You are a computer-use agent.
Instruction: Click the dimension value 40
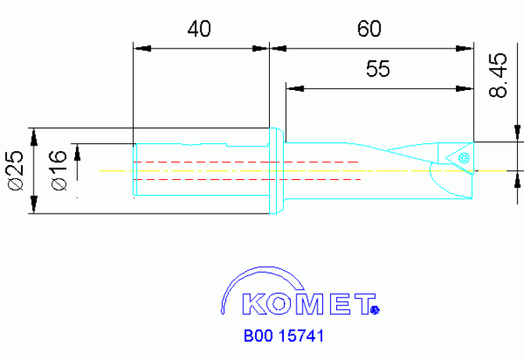point(200,29)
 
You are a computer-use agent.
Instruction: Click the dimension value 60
point(368,29)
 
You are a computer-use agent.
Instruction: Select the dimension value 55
point(378,70)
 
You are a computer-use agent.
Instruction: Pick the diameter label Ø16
point(59,169)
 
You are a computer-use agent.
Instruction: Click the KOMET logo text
point(307,304)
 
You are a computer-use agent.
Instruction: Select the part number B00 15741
point(283,337)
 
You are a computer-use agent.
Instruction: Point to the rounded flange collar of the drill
point(276,167)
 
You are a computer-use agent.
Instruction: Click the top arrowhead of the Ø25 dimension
point(34,136)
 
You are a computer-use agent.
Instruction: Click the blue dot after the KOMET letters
point(375,310)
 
